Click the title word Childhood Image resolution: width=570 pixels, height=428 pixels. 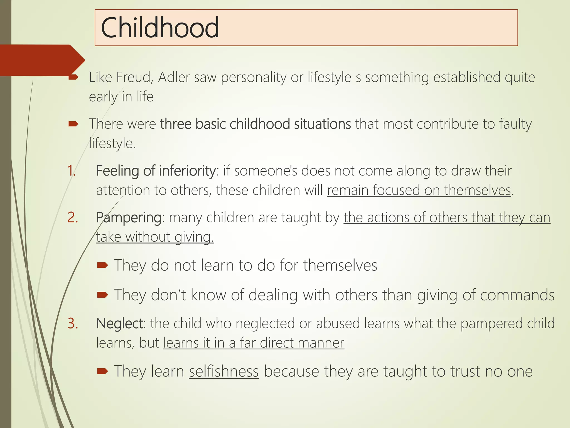pos(160,28)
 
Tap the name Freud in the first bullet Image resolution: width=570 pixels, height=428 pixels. pos(134,77)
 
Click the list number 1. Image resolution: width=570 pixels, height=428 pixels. pos(71,171)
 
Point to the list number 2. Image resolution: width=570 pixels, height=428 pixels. pos(72,217)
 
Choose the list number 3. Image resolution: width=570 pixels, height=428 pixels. pos(73,324)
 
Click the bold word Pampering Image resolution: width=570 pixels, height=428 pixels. pos(129,218)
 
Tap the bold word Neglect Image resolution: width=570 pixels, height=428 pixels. pos(120,324)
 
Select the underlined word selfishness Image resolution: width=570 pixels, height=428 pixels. pos(224,371)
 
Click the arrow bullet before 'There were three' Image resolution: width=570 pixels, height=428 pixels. pos(73,124)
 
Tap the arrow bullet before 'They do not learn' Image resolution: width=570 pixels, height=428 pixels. pos(102,265)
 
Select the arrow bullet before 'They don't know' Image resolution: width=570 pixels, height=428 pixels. pos(102,295)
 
